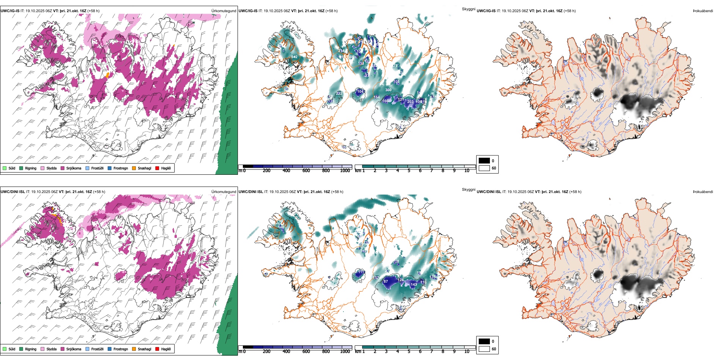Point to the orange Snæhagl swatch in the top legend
click(134, 168)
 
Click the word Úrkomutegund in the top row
click(224, 11)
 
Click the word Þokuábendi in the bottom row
click(702, 192)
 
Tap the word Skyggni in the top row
click(468, 9)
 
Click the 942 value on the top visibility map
click(294, 57)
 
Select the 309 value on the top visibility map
click(388, 90)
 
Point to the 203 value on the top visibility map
click(410, 101)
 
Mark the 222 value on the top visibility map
click(339, 93)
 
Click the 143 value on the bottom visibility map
click(414, 284)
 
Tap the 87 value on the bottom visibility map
click(386, 281)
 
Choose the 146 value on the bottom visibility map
click(281, 227)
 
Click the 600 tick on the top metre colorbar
click(306, 171)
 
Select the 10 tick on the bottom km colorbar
click(467, 351)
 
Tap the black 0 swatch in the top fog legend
click(484, 161)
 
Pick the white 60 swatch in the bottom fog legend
click(484, 349)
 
